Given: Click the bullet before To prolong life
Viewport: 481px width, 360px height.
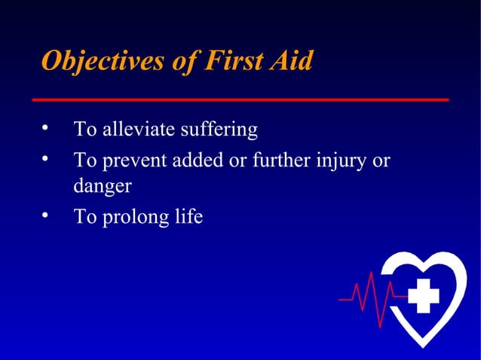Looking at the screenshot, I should click(47, 215).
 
